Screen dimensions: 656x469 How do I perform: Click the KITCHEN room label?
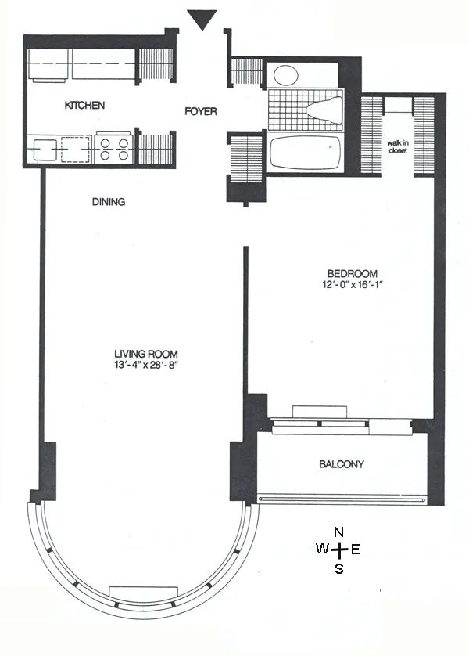click(x=84, y=105)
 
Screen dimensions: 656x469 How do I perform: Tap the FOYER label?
click(x=200, y=111)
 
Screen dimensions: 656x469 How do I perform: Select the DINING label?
click(x=109, y=201)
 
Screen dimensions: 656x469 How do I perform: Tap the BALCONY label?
click(x=342, y=464)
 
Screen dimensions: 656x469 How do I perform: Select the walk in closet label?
click(x=399, y=146)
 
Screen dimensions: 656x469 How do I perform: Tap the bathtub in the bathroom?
click(x=306, y=151)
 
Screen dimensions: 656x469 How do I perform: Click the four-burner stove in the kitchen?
click(x=113, y=149)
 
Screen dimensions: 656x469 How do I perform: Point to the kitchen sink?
click(x=43, y=148)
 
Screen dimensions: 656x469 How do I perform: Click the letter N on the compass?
click(x=338, y=532)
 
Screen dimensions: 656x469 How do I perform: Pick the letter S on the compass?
click(x=338, y=569)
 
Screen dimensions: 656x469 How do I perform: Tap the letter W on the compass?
click(x=321, y=550)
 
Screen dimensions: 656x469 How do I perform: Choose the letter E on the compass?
click(x=356, y=550)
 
